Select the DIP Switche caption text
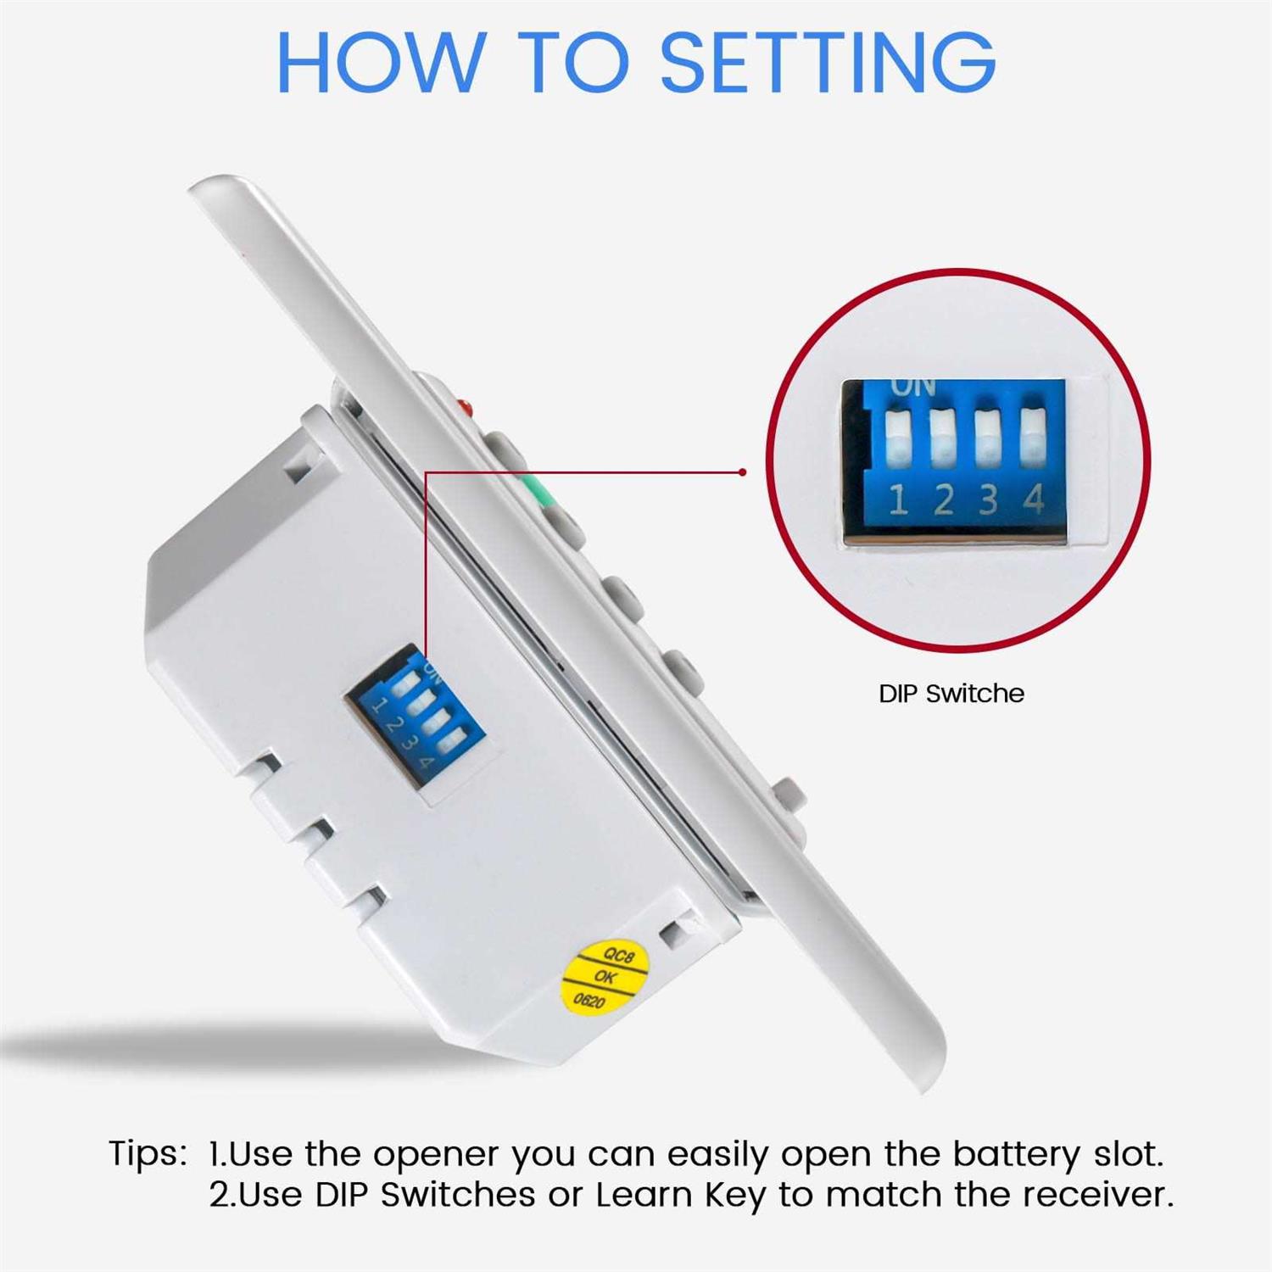[x=951, y=694]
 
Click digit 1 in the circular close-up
[x=899, y=500]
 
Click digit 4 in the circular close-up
[x=1033, y=500]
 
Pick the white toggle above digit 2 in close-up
[x=942, y=438]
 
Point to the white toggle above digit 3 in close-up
[x=987, y=438]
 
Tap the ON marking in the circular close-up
[x=912, y=388]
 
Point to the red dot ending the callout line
[x=743, y=472]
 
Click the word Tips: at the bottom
[x=148, y=1154]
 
